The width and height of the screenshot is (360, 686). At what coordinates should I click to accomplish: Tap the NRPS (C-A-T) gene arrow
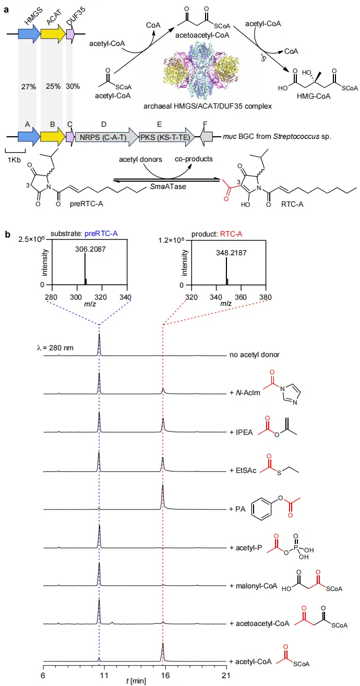click(x=104, y=137)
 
